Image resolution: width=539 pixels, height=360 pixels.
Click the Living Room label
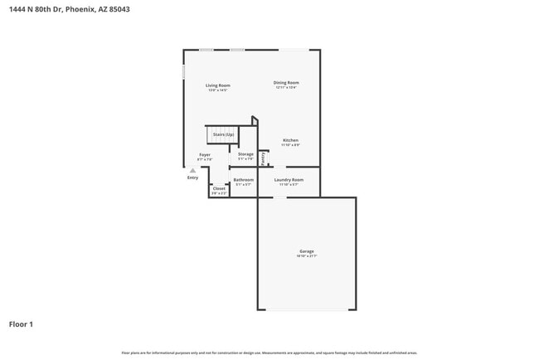[x=218, y=85]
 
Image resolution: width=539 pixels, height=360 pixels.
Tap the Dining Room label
[x=286, y=82]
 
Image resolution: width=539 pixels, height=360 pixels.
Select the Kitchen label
[x=290, y=140]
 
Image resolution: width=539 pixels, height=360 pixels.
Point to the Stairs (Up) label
[x=223, y=134]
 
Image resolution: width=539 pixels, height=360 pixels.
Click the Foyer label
[x=204, y=154]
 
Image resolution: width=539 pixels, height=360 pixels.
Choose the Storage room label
[x=245, y=154]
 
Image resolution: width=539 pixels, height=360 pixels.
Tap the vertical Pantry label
[x=264, y=158]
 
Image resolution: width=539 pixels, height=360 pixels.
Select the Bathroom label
[x=243, y=179]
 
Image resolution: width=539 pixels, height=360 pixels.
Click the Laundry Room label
[x=289, y=179]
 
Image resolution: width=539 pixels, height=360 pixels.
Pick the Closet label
[x=219, y=188]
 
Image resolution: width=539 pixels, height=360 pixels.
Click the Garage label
[x=307, y=251]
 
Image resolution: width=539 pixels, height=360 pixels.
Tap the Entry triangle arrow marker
[x=192, y=170]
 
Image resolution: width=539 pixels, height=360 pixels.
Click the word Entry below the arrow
[x=192, y=177]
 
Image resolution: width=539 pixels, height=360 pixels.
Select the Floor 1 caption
[x=21, y=324]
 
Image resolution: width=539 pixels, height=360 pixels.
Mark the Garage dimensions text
[x=307, y=256]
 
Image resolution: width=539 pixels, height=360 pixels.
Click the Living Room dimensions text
[x=218, y=90]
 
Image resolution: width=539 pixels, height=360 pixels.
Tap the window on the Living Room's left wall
[x=184, y=71]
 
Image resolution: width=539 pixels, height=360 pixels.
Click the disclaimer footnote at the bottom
[x=269, y=353]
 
